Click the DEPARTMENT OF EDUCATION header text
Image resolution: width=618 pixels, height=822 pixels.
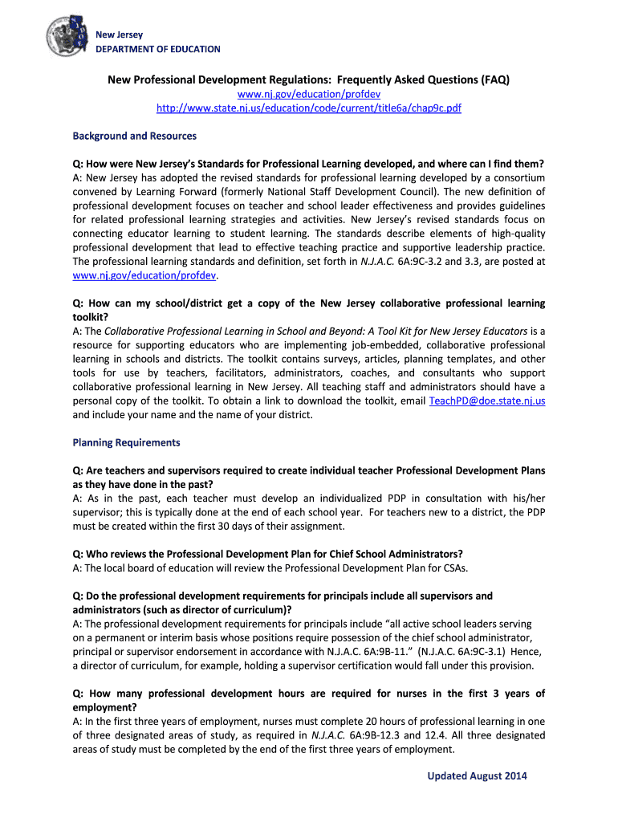pyautogui.click(x=158, y=49)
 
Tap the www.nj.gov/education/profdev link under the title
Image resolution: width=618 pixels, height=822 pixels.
pyautogui.click(x=309, y=95)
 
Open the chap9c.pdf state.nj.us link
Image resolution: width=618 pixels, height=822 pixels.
pyautogui.click(x=309, y=108)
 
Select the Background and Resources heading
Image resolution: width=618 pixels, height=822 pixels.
pyautogui.click(x=134, y=136)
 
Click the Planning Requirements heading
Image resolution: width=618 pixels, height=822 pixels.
pyautogui.click(x=126, y=442)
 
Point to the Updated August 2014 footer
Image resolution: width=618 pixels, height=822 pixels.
pyautogui.click(x=477, y=775)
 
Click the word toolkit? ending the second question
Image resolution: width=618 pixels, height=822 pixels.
pyautogui.click(x=92, y=316)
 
